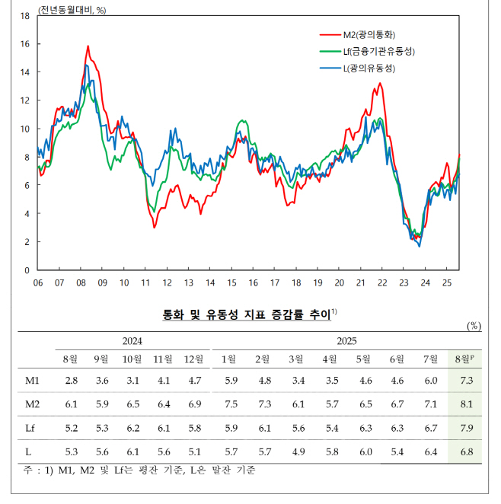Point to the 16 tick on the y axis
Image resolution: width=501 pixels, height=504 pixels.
tap(25, 44)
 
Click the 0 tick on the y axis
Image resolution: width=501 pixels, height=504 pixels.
tap(27, 270)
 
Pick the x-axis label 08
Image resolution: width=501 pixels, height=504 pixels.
tap(81, 283)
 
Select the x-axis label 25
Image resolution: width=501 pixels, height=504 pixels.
tap(448, 283)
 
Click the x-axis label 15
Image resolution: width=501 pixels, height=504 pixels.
tap(231, 283)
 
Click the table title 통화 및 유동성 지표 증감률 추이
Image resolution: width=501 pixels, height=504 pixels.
tap(247, 314)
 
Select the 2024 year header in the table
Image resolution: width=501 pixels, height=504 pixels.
tap(132, 342)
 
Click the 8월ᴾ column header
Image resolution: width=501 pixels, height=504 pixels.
tap(464, 359)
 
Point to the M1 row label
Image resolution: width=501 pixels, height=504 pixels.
tap(33, 380)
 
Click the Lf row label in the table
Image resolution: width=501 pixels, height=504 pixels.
tap(33, 429)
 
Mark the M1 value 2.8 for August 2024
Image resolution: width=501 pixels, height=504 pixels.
tap(72, 380)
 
